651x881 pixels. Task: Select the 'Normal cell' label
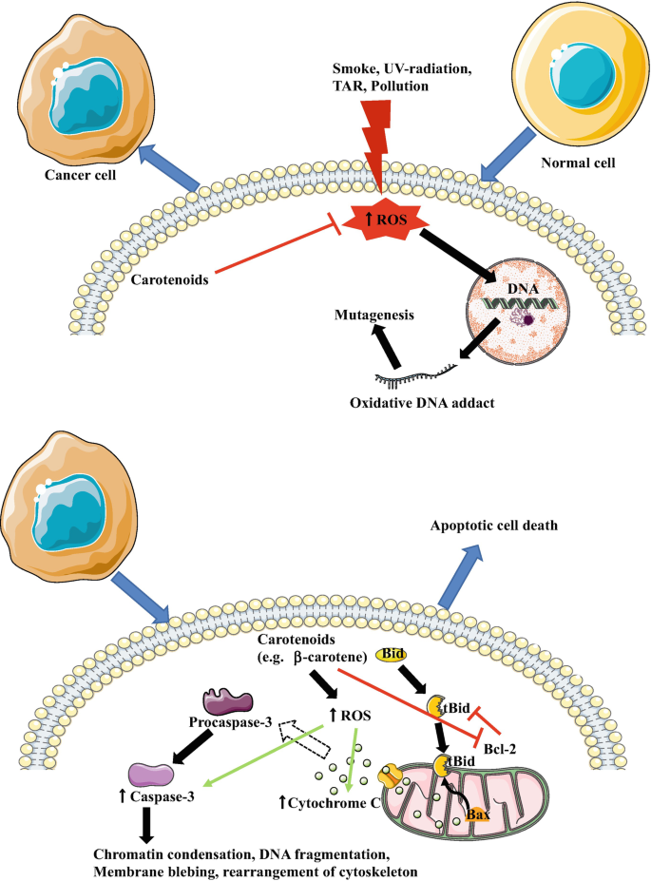[577, 163]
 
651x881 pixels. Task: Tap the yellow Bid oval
[393, 654]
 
